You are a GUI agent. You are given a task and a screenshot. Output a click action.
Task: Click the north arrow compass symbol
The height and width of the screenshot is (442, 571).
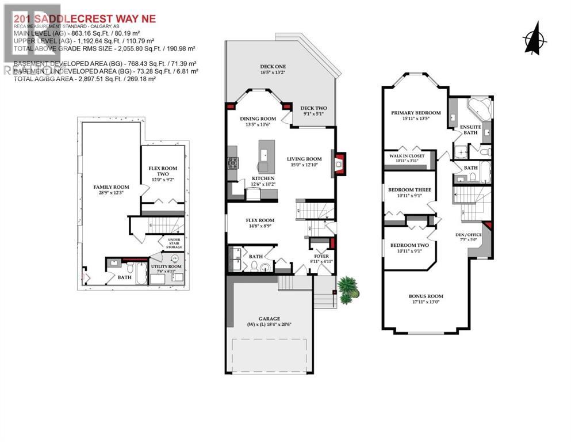(535, 37)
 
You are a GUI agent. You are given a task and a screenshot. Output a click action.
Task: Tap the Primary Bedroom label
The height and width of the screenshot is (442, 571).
(416, 113)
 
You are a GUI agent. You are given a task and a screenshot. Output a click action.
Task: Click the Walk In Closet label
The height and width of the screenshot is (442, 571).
(407, 155)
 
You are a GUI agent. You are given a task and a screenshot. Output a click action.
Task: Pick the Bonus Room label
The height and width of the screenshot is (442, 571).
(426, 296)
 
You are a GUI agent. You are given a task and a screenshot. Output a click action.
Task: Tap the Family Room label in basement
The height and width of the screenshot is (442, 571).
(112, 187)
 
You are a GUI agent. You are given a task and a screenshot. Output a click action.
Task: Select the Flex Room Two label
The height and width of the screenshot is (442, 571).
(163, 171)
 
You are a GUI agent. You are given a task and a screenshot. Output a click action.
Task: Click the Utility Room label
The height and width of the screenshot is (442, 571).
(166, 267)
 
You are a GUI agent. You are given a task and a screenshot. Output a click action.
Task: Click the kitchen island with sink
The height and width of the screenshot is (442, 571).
(266, 154)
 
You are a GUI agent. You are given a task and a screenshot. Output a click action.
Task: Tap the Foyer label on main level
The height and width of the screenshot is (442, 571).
(321, 256)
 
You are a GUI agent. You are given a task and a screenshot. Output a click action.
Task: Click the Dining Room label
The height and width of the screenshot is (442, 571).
(258, 119)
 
